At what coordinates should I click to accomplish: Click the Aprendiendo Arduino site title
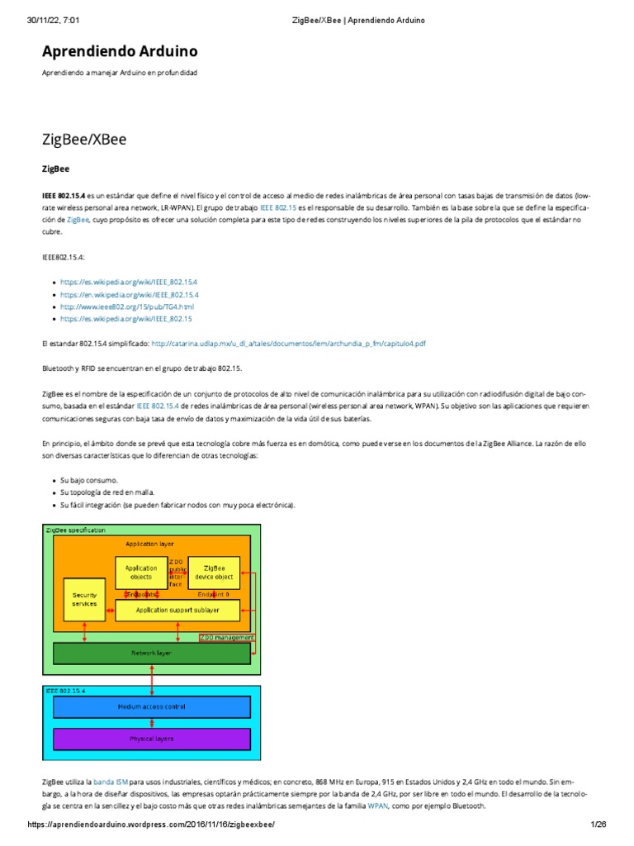pos(120,52)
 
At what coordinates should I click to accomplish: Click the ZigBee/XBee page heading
pos(84,139)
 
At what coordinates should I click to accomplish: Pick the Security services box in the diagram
pos(85,599)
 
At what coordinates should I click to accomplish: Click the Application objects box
pos(141,573)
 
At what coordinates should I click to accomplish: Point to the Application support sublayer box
pos(177,610)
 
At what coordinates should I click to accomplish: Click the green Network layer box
pos(151,653)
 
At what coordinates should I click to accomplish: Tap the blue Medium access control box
pos(151,707)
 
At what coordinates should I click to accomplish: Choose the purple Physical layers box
pos(151,739)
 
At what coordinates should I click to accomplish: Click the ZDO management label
pos(226,637)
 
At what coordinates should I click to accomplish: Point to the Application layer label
pos(149,544)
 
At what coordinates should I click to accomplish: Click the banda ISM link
pos(111,781)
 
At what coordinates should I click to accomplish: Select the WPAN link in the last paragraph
pos(378,806)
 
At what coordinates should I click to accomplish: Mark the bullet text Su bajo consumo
pos(89,480)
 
